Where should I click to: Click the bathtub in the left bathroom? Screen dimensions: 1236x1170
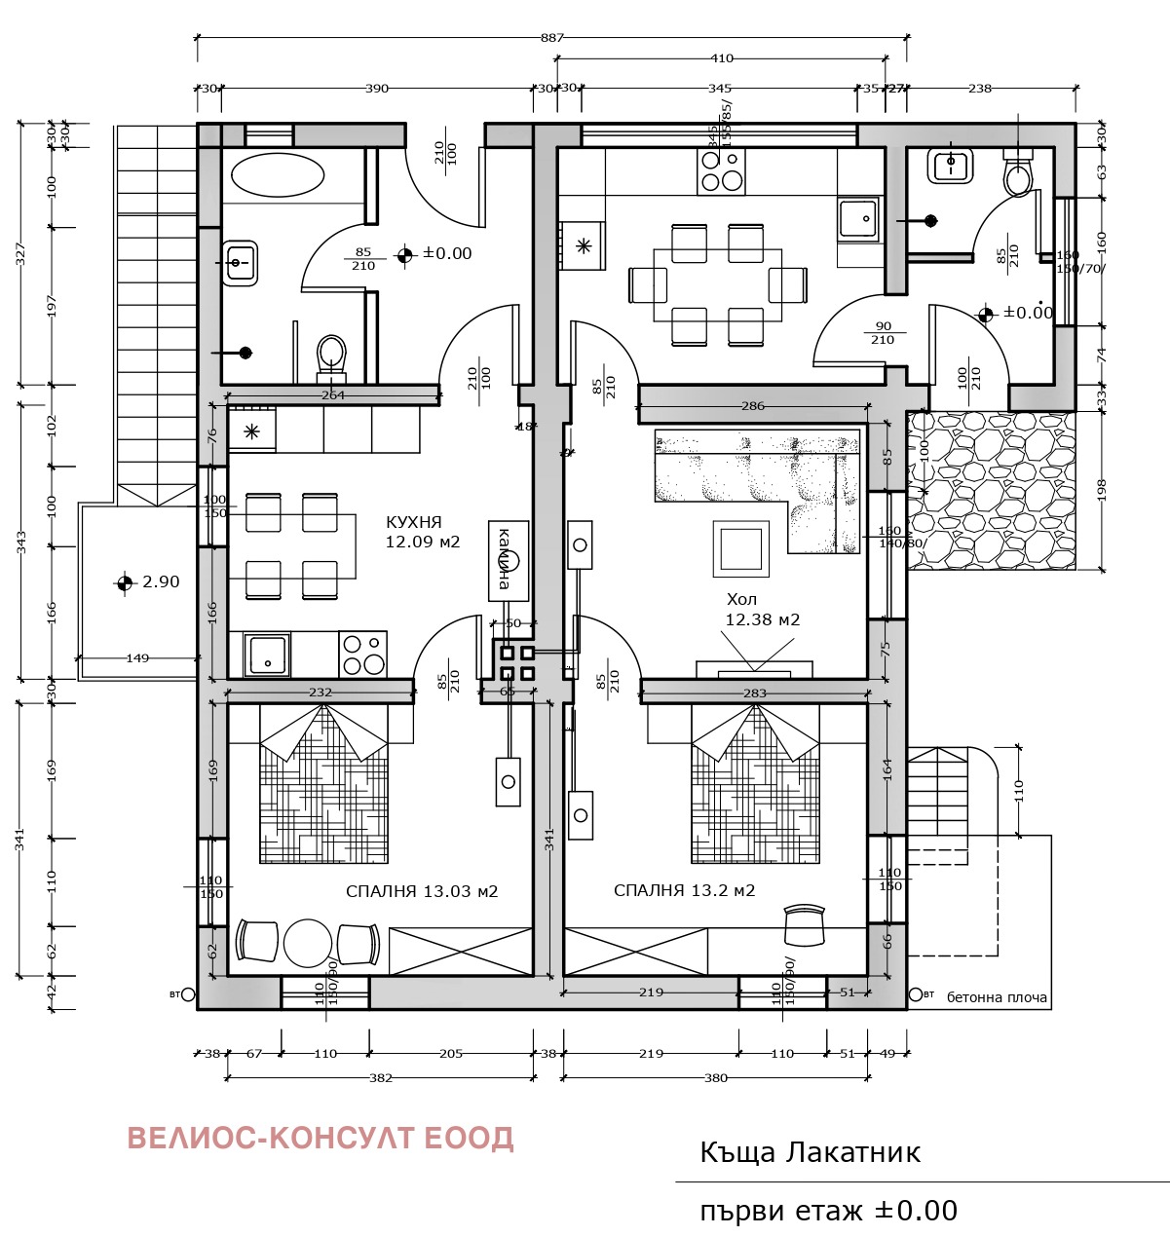click(278, 176)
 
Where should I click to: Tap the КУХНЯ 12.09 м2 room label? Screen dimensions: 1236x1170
click(422, 532)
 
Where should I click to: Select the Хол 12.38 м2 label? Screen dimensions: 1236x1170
click(762, 610)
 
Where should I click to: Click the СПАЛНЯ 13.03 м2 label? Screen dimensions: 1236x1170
click(422, 891)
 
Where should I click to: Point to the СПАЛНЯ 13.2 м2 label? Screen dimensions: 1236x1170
click(684, 890)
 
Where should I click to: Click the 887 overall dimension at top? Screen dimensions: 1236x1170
click(551, 38)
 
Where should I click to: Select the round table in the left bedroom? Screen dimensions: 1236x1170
click(309, 942)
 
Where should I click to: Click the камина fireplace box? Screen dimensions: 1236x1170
click(509, 559)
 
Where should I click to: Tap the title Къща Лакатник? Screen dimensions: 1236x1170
click(810, 1153)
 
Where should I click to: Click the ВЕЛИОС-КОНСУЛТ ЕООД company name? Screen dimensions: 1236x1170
click(321, 1139)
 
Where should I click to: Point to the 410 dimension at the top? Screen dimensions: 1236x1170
click(721, 58)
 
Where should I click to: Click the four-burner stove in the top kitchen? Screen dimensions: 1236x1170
click(721, 171)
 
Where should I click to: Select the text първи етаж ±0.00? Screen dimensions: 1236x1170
click(828, 1211)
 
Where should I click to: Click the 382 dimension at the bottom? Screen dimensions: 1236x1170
click(381, 1078)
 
